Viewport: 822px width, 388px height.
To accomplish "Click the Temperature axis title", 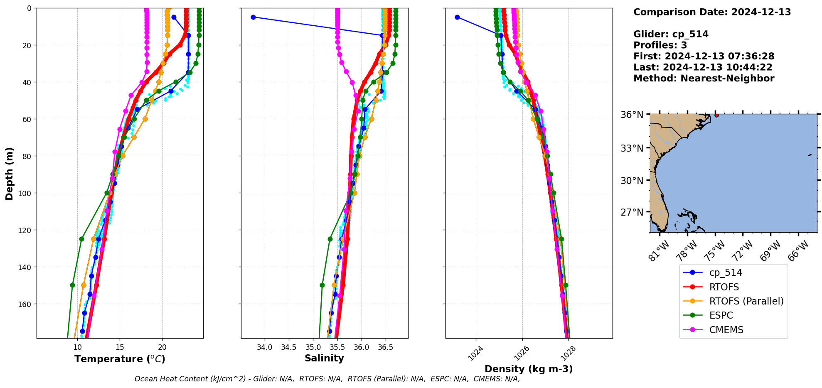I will [x=120, y=359].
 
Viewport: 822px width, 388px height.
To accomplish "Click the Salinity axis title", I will [x=324, y=358].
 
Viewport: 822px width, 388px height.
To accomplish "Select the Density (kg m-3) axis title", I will [x=529, y=369].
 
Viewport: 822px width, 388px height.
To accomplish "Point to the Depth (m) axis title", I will [x=9, y=173].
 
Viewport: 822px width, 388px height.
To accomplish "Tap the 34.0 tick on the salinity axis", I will [x=265, y=347].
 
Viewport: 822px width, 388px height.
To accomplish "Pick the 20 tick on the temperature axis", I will [x=162, y=347].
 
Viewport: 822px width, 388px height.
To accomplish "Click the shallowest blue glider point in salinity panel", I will [x=253, y=17].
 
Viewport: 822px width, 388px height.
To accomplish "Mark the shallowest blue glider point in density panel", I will [x=457, y=17].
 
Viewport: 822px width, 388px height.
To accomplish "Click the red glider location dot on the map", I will [x=716, y=115].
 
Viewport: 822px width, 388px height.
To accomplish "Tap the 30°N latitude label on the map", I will [x=632, y=181].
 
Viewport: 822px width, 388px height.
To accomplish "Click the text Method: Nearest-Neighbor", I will [x=704, y=79].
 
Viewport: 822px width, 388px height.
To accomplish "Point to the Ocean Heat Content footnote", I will [x=327, y=379].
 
